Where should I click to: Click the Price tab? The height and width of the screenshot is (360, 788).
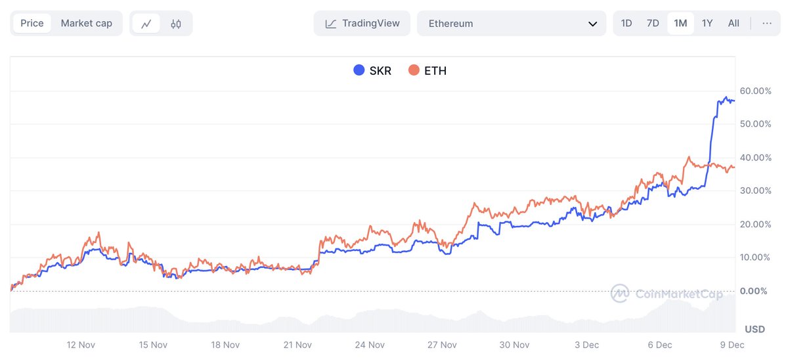coord(32,24)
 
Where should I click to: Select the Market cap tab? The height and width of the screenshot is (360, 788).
coord(86,24)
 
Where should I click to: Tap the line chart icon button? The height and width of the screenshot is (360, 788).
coord(146,24)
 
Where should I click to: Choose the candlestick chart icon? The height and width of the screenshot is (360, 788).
coord(175,24)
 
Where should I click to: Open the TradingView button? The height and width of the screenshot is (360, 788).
coord(362,24)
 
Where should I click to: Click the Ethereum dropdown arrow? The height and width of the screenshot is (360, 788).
coord(592,24)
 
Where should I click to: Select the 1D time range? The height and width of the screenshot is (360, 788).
coord(626,24)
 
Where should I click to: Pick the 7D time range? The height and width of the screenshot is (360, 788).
coord(653,24)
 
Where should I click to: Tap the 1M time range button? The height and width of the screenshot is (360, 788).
coord(680,24)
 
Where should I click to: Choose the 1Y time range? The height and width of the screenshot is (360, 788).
coord(707,24)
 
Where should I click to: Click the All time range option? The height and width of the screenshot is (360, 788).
coord(733,24)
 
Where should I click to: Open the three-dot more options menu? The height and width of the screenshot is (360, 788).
coord(767,24)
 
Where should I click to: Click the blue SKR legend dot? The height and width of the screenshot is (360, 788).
coord(359,70)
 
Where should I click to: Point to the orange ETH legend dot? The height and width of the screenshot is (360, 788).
coord(414,70)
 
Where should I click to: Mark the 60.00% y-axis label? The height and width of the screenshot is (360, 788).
coord(755,91)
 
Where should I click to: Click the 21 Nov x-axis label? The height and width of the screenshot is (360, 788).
coord(297,344)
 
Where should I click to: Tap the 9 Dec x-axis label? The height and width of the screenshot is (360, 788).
coord(732,344)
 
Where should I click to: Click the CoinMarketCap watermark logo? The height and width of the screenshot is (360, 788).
coord(620,294)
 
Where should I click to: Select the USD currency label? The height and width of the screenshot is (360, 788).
coord(755,328)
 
